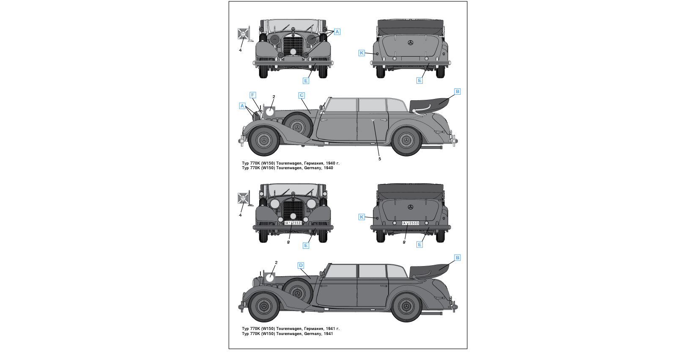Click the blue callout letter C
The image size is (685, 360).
coord(301,96)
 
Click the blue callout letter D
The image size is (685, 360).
coord(301,266)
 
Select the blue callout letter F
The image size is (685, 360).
coord(252,95)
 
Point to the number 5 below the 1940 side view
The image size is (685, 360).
coord(380,159)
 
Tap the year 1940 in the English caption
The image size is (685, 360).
coord(329,168)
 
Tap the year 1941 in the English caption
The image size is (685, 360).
coord(329,334)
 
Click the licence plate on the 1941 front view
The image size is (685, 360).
coord(293,223)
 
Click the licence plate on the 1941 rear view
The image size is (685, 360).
coord(410,223)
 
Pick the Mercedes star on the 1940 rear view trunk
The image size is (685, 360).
coord(410,43)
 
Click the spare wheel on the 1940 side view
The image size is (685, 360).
coord(297,126)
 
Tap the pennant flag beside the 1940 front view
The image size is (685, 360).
coord(243,34)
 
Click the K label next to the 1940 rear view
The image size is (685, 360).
coord(362,53)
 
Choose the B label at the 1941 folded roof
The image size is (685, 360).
coord(457,258)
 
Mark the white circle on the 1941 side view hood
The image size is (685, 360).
coord(270,278)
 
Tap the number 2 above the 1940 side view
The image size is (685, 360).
coord(274,97)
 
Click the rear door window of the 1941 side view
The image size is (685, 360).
coord(373,271)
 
